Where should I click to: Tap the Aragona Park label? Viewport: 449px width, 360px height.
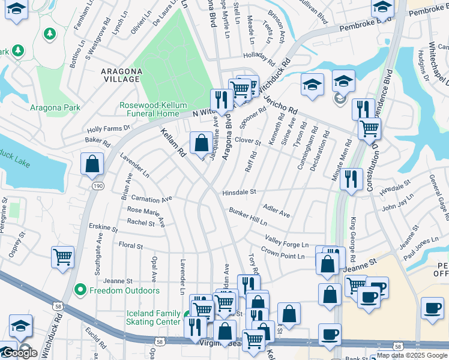[55, 108]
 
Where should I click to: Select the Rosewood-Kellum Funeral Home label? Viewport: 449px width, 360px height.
[149, 109]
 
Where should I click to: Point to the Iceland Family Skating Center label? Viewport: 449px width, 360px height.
[154, 317]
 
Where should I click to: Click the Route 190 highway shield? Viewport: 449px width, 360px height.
[97, 187]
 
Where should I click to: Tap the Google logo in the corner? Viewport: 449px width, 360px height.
[20, 353]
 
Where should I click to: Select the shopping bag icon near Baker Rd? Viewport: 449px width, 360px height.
[92, 164]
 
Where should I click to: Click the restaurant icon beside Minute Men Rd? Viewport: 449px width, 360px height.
[351, 179]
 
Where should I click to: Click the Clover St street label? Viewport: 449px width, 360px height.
[247, 142]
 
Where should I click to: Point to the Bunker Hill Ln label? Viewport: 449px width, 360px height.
[247, 217]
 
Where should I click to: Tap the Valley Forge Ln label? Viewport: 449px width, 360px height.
[287, 241]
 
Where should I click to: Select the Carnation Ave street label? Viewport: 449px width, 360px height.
[151, 198]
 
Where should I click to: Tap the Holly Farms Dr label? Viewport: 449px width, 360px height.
[109, 128]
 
